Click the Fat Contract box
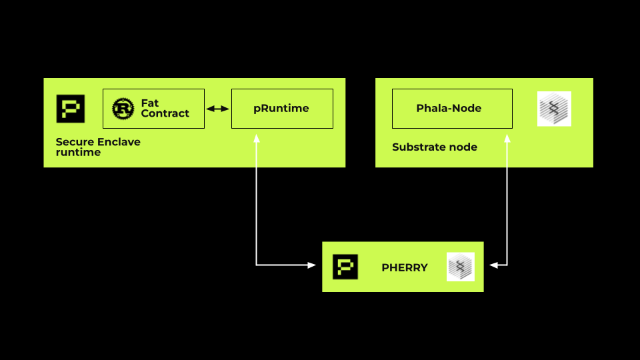[153, 108]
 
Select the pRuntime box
[281, 108]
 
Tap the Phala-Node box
[452, 108]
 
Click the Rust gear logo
[123, 108]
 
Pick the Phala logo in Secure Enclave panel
[71, 109]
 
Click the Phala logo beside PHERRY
[345, 267]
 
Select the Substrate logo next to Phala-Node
[554, 109]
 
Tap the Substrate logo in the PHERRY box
[460, 267]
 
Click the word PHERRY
[404, 267]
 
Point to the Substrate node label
[434, 147]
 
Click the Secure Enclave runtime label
[98, 147]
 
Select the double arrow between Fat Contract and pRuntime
[217, 108]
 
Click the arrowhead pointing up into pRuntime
[256, 138]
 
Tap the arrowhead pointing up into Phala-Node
[507, 138]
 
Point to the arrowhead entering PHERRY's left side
[311, 265]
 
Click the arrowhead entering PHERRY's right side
[494, 265]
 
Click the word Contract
[165, 113]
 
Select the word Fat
[150, 103]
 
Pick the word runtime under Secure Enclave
[78, 152]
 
